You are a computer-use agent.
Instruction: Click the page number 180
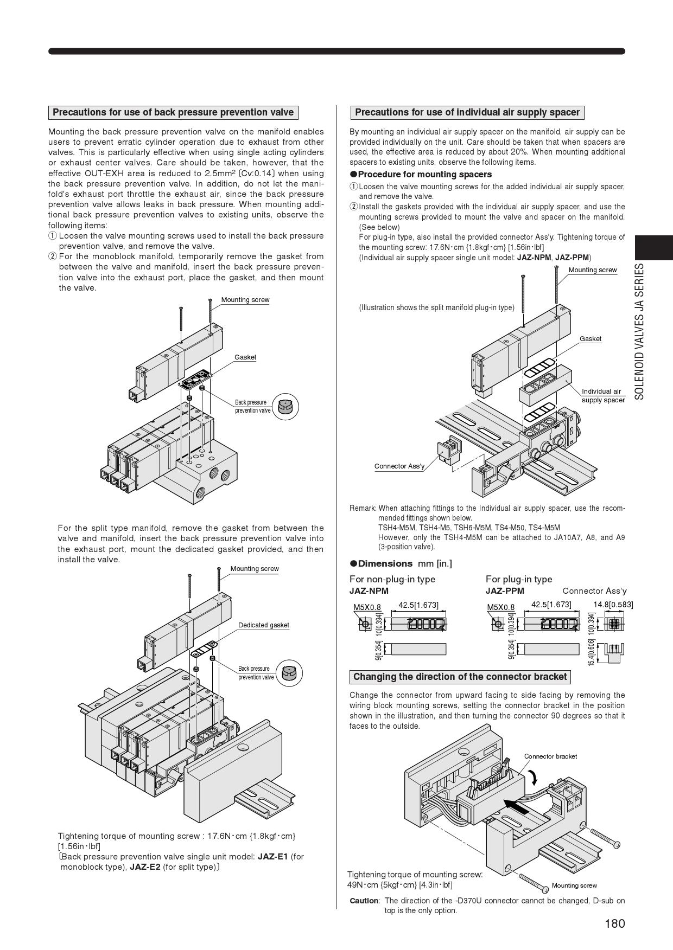[x=614, y=923]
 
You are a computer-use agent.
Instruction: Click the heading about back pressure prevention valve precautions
[x=173, y=113]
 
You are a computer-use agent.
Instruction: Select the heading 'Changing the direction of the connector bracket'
[x=460, y=677]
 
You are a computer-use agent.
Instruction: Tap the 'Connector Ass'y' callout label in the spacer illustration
[x=399, y=466]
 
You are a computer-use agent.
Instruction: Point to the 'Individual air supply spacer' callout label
[x=602, y=395]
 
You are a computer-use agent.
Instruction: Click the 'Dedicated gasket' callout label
[x=264, y=625]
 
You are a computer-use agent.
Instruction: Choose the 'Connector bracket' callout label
[x=550, y=756]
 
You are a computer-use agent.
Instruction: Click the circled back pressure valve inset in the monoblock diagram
[x=285, y=406]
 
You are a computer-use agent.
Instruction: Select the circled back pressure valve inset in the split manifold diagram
[x=289, y=673]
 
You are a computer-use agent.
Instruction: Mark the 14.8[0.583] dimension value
[x=613, y=605]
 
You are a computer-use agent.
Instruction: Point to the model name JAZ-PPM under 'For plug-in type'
[x=505, y=591]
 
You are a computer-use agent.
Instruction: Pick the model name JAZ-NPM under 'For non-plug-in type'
[x=369, y=591]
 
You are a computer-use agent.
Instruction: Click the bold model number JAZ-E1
[x=273, y=857]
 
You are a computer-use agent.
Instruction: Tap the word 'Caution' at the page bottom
[x=364, y=901]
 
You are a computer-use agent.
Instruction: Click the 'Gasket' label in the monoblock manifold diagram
[x=245, y=357]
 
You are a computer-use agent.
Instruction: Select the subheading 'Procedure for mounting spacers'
[x=424, y=175]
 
